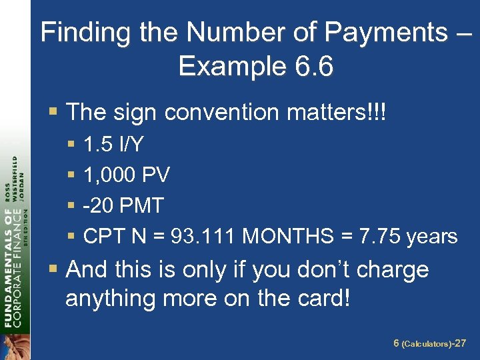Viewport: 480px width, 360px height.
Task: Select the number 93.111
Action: pyautogui.click(x=203, y=236)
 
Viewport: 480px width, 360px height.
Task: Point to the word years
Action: pyautogui.click(x=431, y=236)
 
